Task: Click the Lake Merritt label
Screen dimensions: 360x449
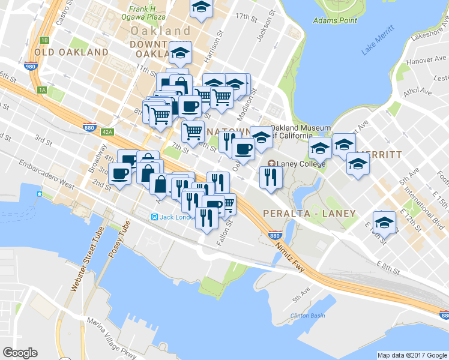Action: pyautogui.click(x=378, y=41)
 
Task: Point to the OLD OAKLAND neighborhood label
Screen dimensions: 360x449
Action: pyautogui.click(x=71, y=52)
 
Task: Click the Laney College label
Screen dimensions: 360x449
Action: pyautogui.click(x=301, y=163)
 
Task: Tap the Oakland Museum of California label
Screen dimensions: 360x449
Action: pyautogui.click(x=301, y=131)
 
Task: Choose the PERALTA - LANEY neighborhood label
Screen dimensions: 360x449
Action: pyautogui.click(x=309, y=213)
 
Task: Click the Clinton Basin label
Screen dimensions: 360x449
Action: pyautogui.click(x=307, y=316)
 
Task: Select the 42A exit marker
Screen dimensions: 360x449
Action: pyautogui.click(x=107, y=131)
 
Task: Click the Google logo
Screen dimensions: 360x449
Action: pyautogui.click(x=20, y=353)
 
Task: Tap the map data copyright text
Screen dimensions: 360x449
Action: pyautogui.click(x=412, y=355)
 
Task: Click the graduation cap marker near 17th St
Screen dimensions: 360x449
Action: pyautogui.click(x=202, y=8)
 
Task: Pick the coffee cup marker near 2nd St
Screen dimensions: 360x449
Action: pyautogui.click(x=119, y=174)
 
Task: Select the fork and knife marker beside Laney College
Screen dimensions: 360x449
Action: pyautogui.click(x=270, y=176)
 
